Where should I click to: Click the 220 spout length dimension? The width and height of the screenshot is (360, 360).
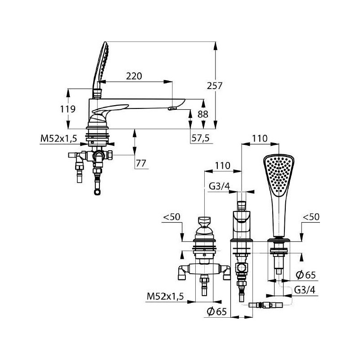pos(134,76)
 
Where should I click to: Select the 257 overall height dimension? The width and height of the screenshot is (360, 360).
pos(215,85)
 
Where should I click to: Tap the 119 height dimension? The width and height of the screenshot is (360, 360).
pos(68,109)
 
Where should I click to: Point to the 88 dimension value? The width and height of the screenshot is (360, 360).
pos(203,114)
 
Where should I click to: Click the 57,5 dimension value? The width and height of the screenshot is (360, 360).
pos(200,138)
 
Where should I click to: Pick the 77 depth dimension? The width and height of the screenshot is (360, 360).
pos(141,163)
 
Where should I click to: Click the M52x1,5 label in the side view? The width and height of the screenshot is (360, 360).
pos(58,139)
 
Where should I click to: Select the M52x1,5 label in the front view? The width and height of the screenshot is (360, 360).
pos(165,297)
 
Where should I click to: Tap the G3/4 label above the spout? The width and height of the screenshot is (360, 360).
pos(219,186)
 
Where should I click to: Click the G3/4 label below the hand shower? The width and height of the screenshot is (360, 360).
pos(305,290)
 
